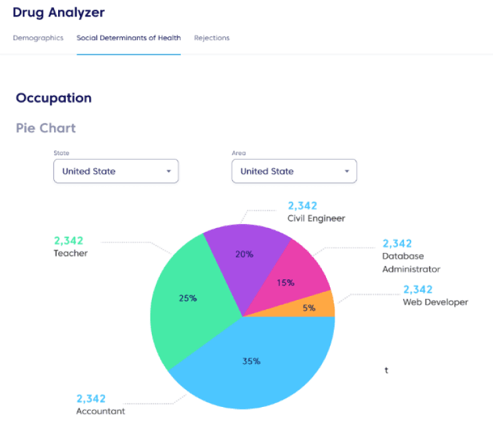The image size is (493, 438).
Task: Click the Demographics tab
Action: tap(38, 38)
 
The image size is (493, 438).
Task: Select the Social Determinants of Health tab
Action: tap(129, 38)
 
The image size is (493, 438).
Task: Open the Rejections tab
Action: tap(212, 38)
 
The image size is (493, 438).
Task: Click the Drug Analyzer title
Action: tap(59, 13)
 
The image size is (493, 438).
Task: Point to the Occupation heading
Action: tap(53, 98)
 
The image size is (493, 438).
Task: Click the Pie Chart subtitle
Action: tap(46, 128)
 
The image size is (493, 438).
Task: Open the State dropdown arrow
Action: tap(168, 171)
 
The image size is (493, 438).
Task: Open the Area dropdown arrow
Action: tap(346, 171)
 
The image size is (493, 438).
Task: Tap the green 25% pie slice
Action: tap(188, 297)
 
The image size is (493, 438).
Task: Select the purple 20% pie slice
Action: tap(244, 254)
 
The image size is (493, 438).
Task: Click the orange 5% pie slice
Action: tap(313, 307)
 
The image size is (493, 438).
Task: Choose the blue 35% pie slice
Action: tap(251, 361)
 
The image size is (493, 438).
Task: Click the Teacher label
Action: tap(71, 253)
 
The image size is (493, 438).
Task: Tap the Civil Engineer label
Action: tap(316, 218)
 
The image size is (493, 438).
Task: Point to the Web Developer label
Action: tap(436, 302)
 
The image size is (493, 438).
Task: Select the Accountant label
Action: tap(101, 411)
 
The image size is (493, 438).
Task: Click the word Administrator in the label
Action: tap(411, 269)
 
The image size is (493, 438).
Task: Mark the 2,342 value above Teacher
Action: tap(69, 240)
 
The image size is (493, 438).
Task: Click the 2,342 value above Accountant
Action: tap(91, 398)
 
